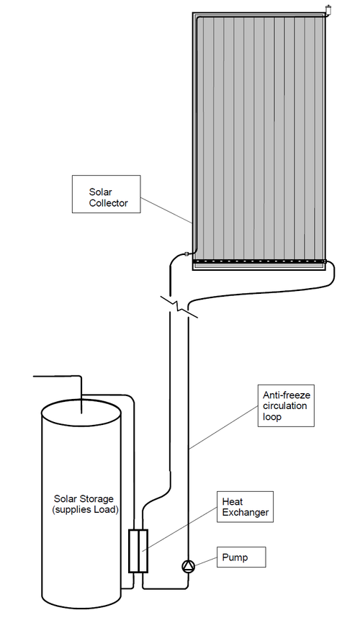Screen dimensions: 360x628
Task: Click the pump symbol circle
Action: [x=188, y=566]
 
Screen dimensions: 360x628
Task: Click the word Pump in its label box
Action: [x=235, y=558]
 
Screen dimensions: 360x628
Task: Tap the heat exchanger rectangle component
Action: [x=138, y=551]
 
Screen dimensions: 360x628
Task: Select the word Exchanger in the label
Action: [x=245, y=512]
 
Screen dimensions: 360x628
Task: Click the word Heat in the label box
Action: [x=233, y=501]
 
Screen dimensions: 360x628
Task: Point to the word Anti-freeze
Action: [x=287, y=395]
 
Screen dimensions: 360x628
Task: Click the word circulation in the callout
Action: [x=284, y=405]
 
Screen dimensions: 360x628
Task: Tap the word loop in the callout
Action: [x=272, y=417]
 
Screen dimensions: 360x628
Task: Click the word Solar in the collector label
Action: [x=100, y=192]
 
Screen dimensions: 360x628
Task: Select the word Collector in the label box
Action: [x=108, y=203]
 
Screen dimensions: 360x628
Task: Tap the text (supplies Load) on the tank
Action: [x=85, y=510]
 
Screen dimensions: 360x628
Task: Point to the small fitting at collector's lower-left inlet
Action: [x=186, y=253]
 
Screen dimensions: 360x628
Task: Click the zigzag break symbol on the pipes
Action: [x=179, y=308]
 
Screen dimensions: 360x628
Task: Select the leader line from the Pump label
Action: [x=205, y=561]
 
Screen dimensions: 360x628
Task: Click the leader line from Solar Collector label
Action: [x=166, y=210]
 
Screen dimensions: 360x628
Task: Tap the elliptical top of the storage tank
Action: [x=81, y=412]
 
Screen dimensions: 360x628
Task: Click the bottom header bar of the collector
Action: [x=259, y=262]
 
